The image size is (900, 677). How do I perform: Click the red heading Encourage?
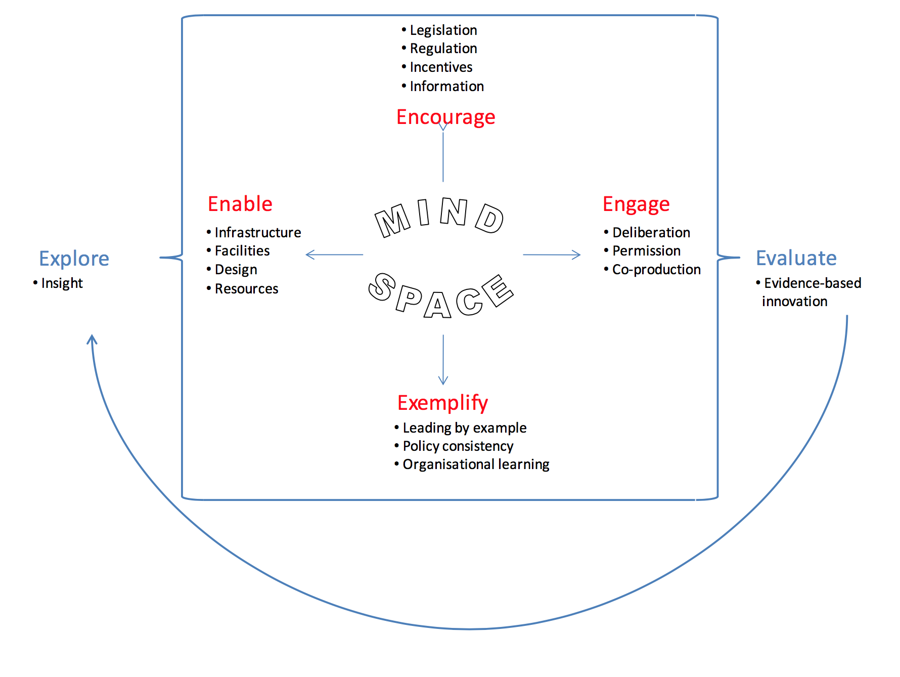click(x=445, y=117)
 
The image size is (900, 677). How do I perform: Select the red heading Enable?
click(x=240, y=204)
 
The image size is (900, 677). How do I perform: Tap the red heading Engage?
click(x=636, y=204)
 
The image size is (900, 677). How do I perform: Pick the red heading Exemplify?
click(x=442, y=403)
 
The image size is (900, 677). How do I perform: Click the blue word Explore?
click(x=74, y=259)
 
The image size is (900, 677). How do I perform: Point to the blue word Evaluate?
click(x=796, y=258)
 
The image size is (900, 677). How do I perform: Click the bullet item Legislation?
click(x=443, y=30)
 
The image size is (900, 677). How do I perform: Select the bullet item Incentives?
click(x=441, y=67)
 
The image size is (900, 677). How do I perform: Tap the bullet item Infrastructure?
click(x=257, y=232)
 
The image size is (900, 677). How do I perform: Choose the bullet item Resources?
click(x=246, y=288)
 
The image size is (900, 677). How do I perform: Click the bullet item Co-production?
click(x=656, y=270)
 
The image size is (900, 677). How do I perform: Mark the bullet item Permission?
click(x=646, y=251)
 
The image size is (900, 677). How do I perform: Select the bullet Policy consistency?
click(x=458, y=446)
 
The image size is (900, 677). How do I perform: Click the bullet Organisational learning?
click(x=475, y=464)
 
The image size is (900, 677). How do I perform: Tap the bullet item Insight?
click(x=62, y=283)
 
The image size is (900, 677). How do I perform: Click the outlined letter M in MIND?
click(x=392, y=221)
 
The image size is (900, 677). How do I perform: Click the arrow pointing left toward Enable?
click(x=334, y=255)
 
